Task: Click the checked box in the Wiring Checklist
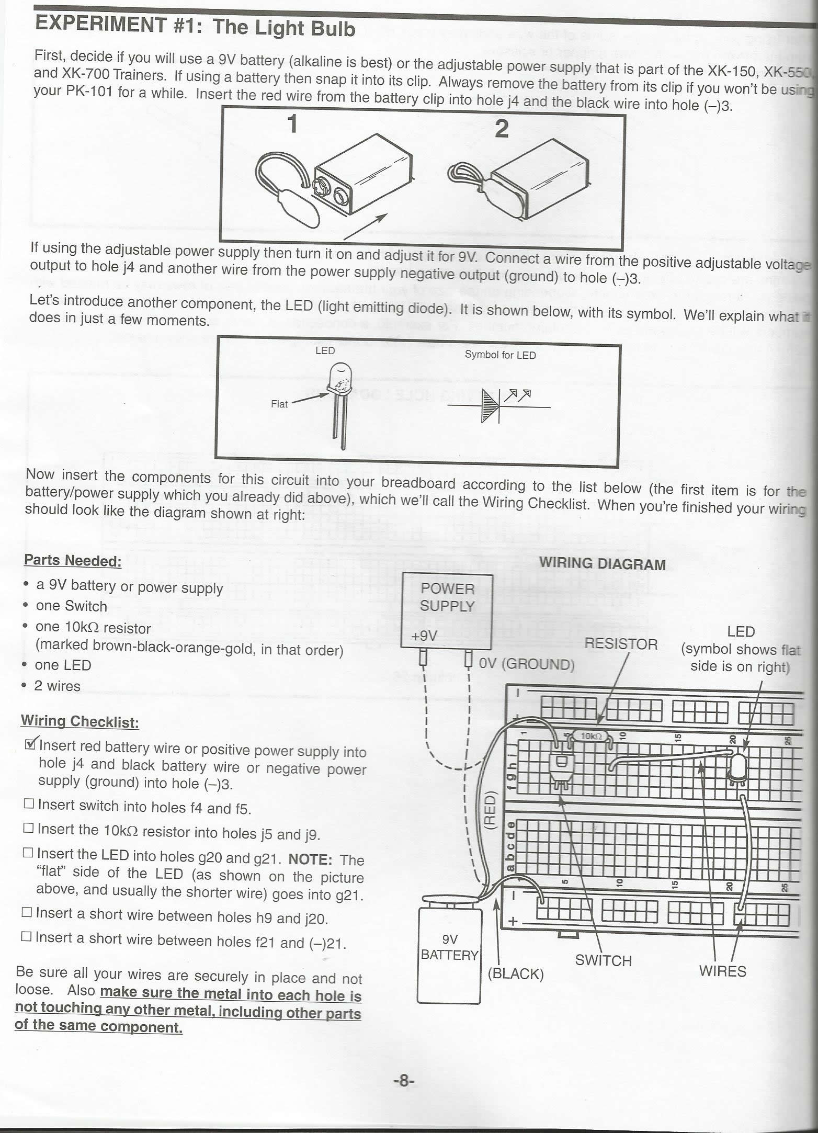pyautogui.click(x=31, y=744)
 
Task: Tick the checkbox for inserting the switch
pyautogui.click(x=29, y=803)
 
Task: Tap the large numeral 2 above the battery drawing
pyautogui.click(x=501, y=128)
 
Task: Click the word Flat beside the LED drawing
pyautogui.click(x=279, y=404)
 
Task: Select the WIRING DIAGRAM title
pyautogui.click(x=602, y=564)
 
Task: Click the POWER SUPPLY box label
pyautogui.click(x=447, y=597)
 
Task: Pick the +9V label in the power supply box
pyautogui.click(x=424, y=636)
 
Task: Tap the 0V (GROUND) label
pyautogui.click(x=527, y=664)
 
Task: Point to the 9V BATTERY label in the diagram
pyautogui.click(x=450, y=947)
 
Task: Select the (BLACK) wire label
pyautogui.click(x=515, y=973)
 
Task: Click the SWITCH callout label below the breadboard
pyautogui.click(x=604, y=960)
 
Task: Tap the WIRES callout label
pyautogui.click(x=722, y=971)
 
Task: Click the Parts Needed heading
pyautogui.click(x=73, y=561)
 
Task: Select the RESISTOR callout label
pyautogui.click(x=621, y=644)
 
